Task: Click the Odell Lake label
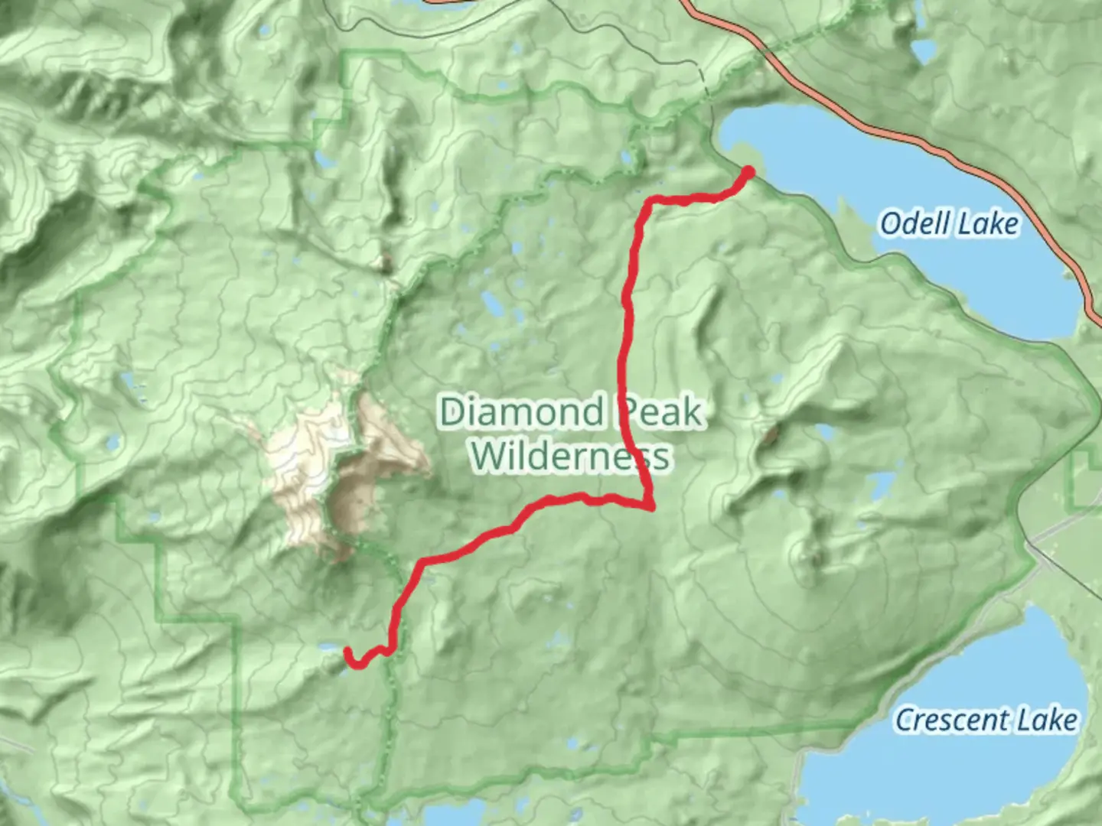tap(949, 224)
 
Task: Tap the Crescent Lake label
tap(986, 720)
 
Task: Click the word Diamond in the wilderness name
tap(522, 412)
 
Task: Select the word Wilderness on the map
tap(571, 456)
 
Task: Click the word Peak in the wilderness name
tap(660, 412)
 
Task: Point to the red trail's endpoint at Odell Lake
tap(748, 171)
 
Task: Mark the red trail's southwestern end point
tap(348, 652)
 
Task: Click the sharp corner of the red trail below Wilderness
tap(650, 506)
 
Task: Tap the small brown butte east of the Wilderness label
tap(770, 435)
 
